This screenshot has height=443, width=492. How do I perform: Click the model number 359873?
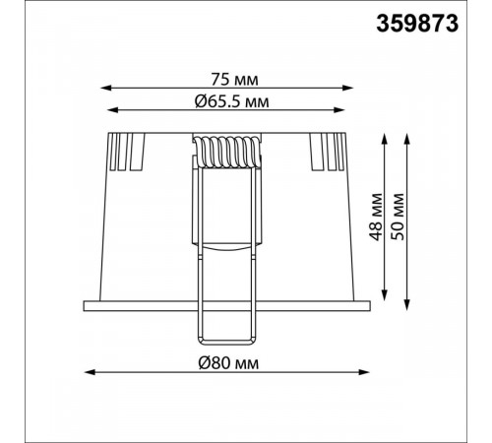coord(417,24)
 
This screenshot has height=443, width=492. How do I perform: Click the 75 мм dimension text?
coord(234,80)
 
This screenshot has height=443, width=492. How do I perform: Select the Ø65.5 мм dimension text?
coord(231,101)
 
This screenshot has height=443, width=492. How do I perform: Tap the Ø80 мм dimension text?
coord(228,363)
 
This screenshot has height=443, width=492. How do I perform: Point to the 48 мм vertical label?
coord(376,217)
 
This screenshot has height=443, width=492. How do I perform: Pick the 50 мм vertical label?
coord(398,217)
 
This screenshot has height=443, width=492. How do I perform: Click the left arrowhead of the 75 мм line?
coord(105,88)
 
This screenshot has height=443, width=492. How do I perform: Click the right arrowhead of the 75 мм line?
coord(348,88)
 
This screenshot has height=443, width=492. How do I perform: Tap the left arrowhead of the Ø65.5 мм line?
coord(112,110)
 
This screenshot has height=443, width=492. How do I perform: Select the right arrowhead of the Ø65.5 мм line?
coord(339,110)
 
